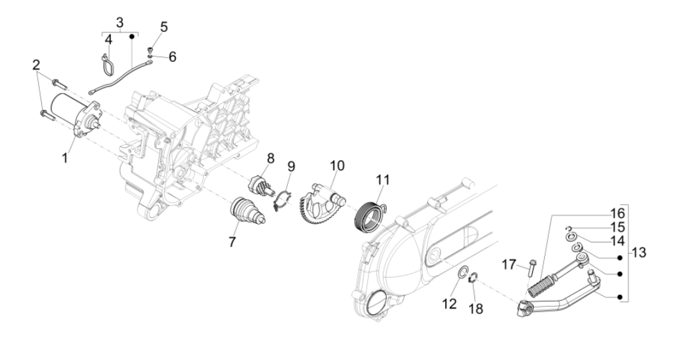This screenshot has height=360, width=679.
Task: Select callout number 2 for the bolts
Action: (36, 65)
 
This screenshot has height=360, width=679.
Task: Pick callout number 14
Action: (618, 241)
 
